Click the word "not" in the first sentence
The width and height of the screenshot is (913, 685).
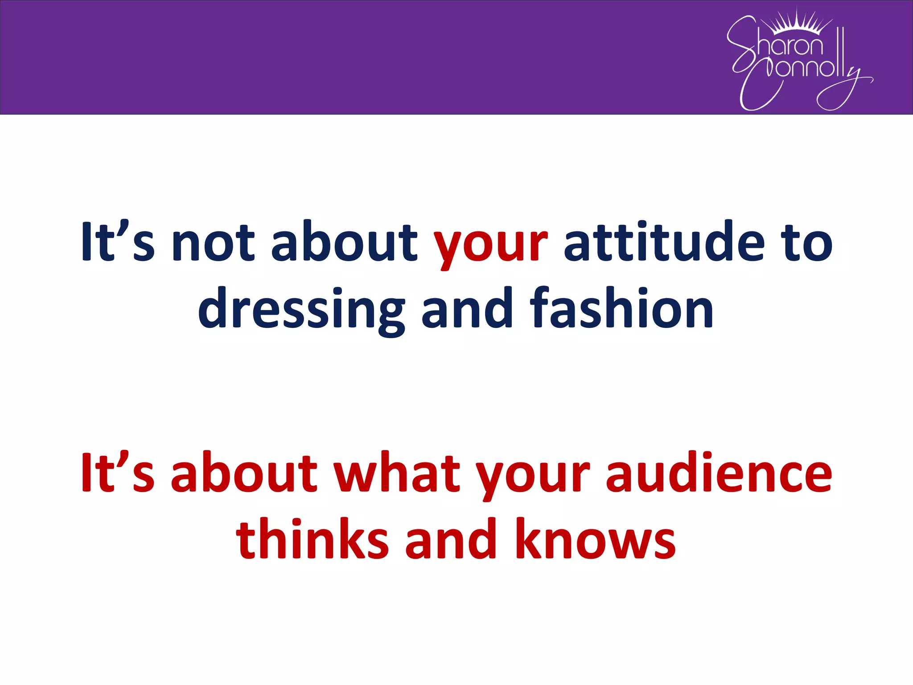[213, 242]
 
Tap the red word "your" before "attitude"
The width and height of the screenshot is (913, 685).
[490, 244]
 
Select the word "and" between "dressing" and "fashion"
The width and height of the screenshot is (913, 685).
[467, 309]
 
